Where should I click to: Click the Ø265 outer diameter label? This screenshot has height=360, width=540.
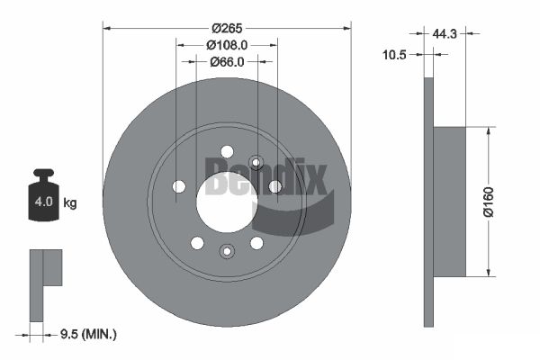pos(227,25)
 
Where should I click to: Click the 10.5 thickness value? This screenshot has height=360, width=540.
pos(395,54)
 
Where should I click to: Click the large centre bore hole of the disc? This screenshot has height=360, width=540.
pos(226,196)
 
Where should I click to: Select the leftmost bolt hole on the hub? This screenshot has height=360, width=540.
pos(178,186)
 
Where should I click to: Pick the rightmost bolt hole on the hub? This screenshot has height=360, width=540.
pos(275,186)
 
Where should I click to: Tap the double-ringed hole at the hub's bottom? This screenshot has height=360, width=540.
pos(226,251)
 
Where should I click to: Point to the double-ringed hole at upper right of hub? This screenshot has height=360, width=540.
pos(256,163)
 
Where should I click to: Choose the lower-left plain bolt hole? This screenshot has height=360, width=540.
pos(196,242)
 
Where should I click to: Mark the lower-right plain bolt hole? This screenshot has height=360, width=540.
pos(256,242)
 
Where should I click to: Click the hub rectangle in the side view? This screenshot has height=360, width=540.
pos(450,202)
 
